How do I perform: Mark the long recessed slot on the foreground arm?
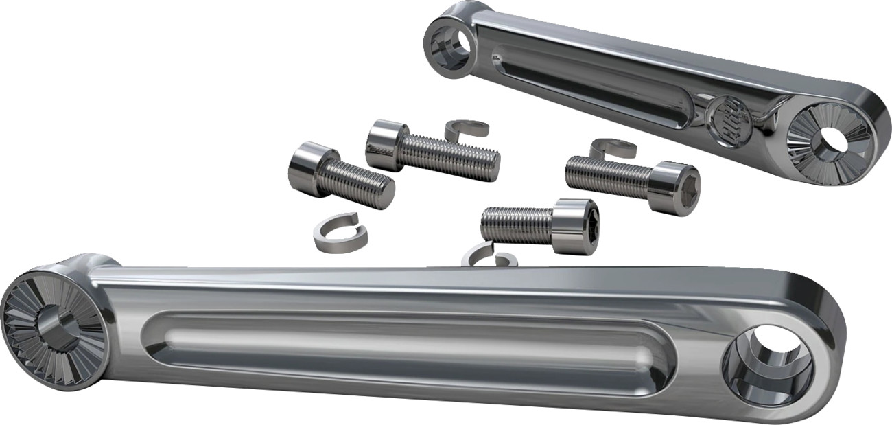[x=405, y=343]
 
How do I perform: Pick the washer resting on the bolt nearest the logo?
[x=613, y=147]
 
